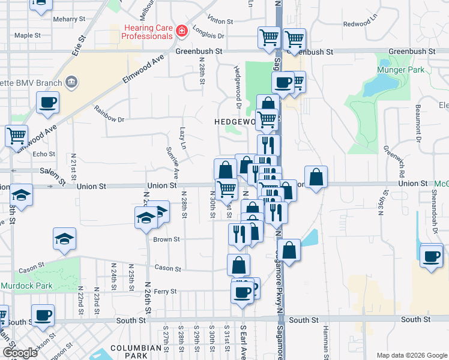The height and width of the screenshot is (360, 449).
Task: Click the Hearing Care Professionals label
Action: (146, 32)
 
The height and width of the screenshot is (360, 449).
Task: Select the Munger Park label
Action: (400, 70)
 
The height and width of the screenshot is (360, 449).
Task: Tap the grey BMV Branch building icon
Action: (71, 81)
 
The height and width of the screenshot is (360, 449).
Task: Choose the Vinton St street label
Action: (219, 20)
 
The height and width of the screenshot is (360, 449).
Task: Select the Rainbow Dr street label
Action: (109, 114)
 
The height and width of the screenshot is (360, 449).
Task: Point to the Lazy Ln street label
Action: (184, 139)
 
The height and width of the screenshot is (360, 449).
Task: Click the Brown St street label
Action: (166, 239)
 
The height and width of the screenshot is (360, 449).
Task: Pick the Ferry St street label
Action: (164, 292)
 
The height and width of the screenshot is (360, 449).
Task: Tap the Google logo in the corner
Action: (20, 352)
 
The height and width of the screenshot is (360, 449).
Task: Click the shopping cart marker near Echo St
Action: (17, 136)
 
